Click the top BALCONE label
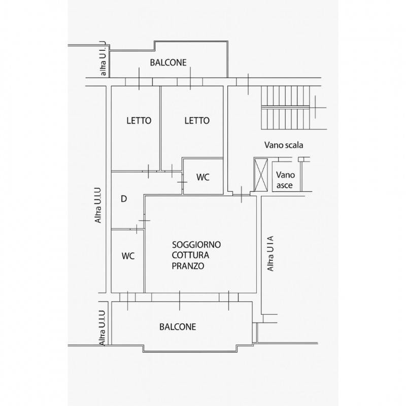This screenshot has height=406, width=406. click(x=168, y=62)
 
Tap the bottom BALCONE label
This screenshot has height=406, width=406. click(x=178, y=327)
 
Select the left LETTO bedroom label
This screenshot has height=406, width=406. click(x=139, y=121)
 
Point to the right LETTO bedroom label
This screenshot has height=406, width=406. click(x=197, y=121)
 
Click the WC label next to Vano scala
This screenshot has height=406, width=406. click(x=202, y=177)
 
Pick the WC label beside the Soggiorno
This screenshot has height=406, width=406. click(x=128, y=256)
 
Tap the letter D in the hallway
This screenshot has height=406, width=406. click(x=124, y=199)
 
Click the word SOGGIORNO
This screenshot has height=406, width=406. click(x=196, y=245)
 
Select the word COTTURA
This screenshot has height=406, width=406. click(x=191, y=255)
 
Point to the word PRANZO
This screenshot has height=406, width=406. click(x=188, y=266)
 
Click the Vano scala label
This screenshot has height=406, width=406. click(x=284, y=145)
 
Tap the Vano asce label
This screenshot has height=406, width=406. click(x=285, y=180)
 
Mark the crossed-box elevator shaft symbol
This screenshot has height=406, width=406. click(x=261, y=175)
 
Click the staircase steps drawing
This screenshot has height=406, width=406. click(x=285, y=108)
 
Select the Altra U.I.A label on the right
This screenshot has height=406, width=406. click(x=270, y=253)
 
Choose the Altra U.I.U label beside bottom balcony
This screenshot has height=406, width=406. click(x=103, y=328)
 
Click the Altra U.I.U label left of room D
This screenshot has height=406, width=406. click(x=98, y=206)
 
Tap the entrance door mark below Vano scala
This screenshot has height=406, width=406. click(x=242, y=194)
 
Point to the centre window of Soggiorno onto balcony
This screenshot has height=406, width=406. click(x=180, y=297)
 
